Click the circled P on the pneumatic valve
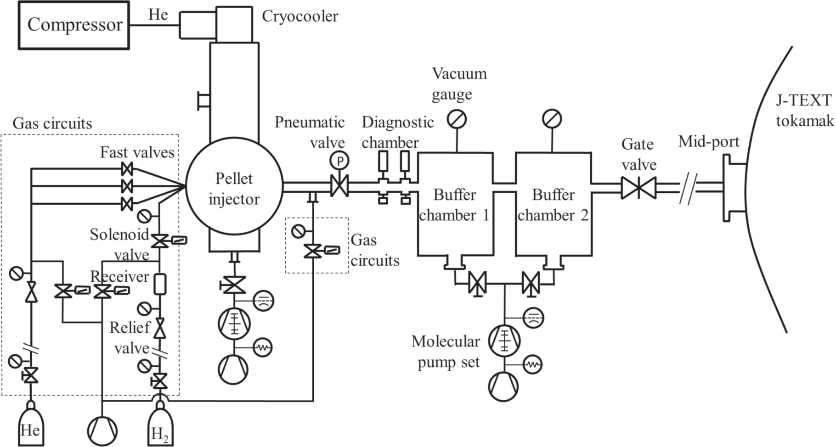340,161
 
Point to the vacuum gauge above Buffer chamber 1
457,119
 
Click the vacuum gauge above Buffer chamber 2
552,119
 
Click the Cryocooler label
300,17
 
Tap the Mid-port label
709,142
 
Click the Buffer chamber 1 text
454,205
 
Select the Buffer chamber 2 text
553,205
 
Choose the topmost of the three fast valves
127,169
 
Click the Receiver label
119,277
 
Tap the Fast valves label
137,152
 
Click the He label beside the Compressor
158,15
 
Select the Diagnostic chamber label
397,132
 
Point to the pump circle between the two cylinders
102,431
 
